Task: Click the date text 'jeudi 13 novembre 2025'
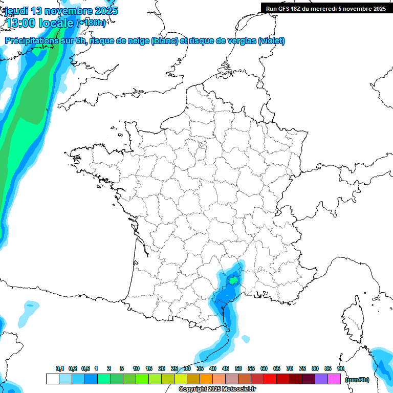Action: pyautogui.click(x=61, y=11)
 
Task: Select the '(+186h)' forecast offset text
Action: pyautogui.click(x=91, y=23)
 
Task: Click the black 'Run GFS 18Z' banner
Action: pyautogui.click(x=326, y=9)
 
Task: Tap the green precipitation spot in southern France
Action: pyautogui.click(x=233, y=280)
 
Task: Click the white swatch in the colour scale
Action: pyautogui.click(x=52, y=379)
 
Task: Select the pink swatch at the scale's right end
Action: pyautogui.click(x=334, y=379)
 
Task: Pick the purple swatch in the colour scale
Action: pyautogui.click(x=321, y=379)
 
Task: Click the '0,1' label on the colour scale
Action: pyautogui.click(x=60, y=369)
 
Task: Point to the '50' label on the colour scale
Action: pyautogui.click(x=238, y=369)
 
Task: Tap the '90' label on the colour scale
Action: pyautogui.click(x=341, y=369)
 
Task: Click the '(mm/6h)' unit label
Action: pyautogui.click(x=357, y=380)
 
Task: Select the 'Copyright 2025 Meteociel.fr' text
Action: pyautogui.click(x=217, y=389)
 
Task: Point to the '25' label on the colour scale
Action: pyautogui.click(x=174, y=369)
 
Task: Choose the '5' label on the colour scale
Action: pyautogui.click(x=122, y=369)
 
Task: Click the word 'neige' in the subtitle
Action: pyautogui.click(x=139, y=41)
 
